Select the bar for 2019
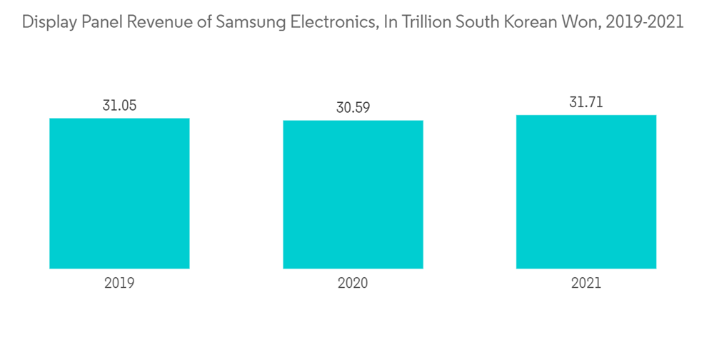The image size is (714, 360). [x=119, y=193]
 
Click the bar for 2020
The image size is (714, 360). [x=353, y=194]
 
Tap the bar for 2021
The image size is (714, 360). [x=586, y=191]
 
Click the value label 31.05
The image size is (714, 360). [x=119, y=106]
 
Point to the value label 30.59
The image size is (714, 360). [x=353, y=108]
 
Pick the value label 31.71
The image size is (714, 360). [x=586, y=102]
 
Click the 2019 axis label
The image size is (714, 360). [x=119, y=283]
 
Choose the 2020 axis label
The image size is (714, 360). [x=353, y=283]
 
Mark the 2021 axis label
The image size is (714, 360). [x=586, y=283]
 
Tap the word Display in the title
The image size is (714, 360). [x=47, y=22]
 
